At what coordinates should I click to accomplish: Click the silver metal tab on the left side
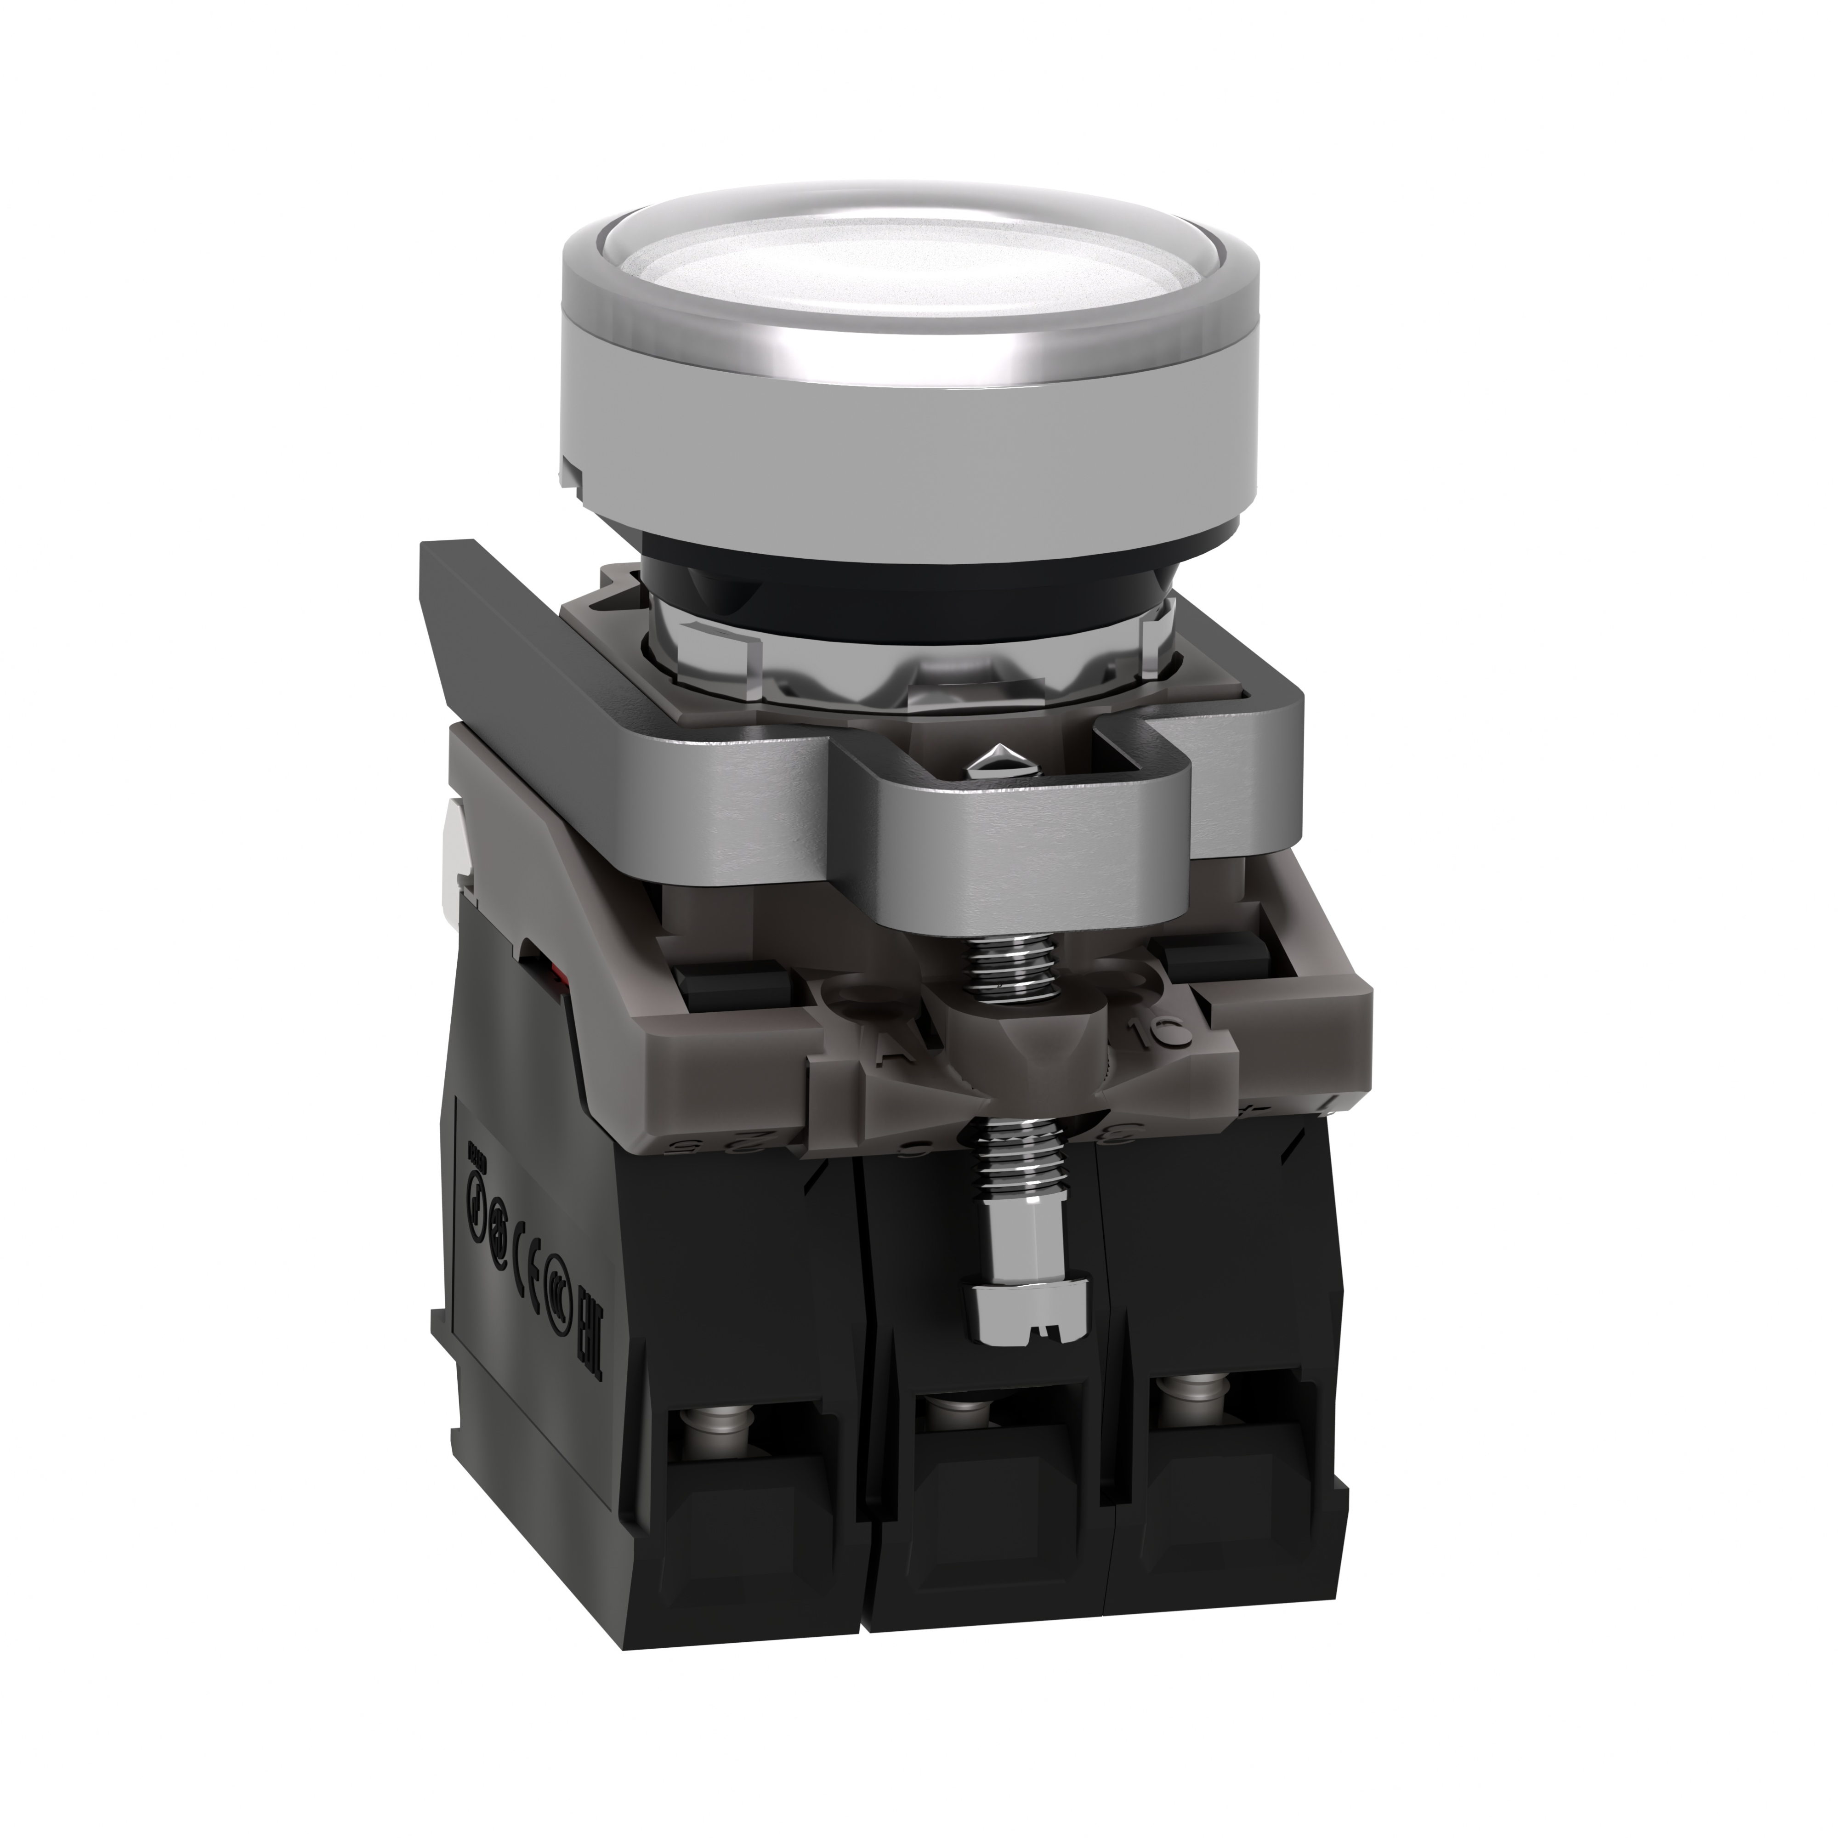tap(459, 856)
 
